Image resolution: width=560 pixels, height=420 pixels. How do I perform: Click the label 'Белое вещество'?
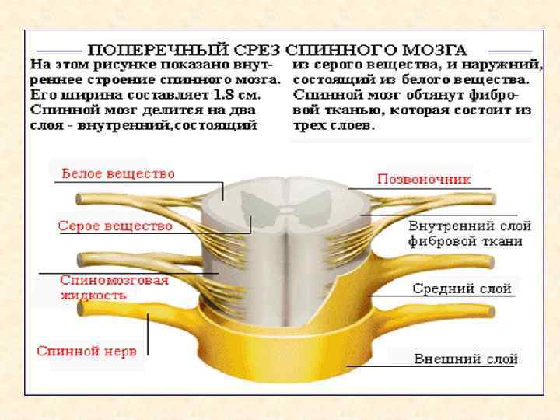(x=117, y=173)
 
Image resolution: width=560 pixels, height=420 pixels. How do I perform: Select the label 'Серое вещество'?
(x=114, y=226)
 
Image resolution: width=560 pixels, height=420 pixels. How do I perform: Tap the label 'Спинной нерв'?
(x=87, y=351)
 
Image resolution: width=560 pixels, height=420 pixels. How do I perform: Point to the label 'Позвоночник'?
(x=424, y=179)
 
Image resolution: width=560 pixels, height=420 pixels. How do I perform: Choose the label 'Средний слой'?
(x=462, y=289)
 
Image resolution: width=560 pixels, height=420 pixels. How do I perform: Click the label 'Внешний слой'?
(x=466, y=359)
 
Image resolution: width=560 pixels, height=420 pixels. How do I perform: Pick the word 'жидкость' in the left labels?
(x=93, y=295)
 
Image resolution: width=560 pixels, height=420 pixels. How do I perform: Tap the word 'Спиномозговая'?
(x=114, y=281)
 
